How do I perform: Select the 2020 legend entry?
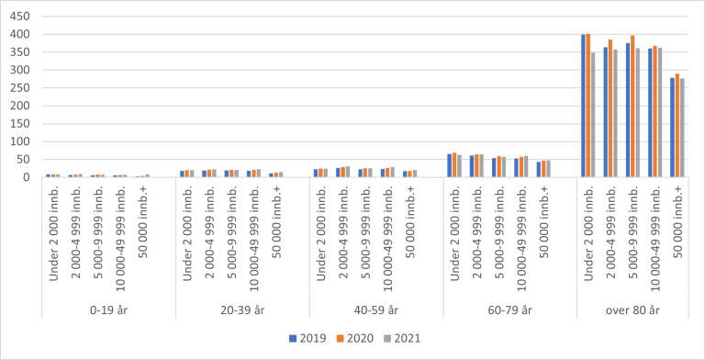pyautogui.click(x=359, y=337)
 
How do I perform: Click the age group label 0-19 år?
pyautogui.click(x=108, y=310)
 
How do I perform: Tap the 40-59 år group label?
pyautogui.click(x=376, y=310)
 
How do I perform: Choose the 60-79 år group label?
pyautogui.click(x=510, y=310)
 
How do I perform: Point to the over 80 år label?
pyautogui.click(x=643, y=310)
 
